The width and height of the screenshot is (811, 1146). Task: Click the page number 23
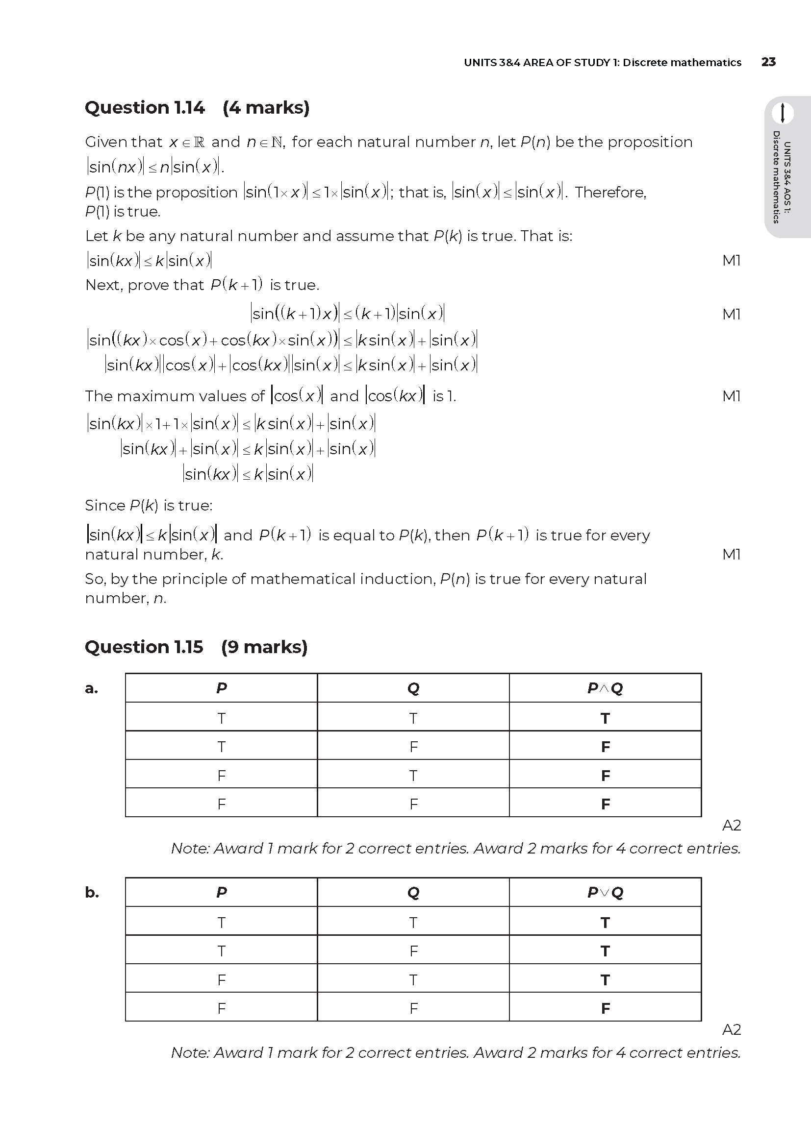click(x=768, y=62)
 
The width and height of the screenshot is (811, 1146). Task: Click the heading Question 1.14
click(x=145, y=108)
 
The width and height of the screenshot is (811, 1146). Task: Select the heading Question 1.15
click(x=144, y=647)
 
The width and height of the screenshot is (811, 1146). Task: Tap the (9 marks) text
click(x=264, y=647)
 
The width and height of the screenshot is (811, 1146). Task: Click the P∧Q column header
click(x=605, y=688)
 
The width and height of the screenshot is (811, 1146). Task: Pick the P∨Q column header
click(x=605, y=892)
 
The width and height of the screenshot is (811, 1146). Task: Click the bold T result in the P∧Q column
click(x=605, y=718)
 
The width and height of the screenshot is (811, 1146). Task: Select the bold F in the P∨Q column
click(x=605, y=1008)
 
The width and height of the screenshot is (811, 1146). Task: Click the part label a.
click(x=91, y=688)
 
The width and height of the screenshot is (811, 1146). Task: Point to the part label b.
click(x=92, y=892)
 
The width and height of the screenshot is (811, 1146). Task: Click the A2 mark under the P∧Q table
click(x=731, y=826)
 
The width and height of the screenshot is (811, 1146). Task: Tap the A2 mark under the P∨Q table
click(x=731, y=1029)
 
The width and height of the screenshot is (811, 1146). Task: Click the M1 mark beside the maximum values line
click(x=731, y=396)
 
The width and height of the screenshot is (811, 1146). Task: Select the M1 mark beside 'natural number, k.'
click(x=731, y=554)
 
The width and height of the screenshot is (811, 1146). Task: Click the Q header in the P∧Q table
click(x=413, y=688)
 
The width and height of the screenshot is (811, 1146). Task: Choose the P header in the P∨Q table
click(x=221, y=892)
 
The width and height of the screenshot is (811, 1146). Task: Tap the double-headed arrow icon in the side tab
click(x=783, y=113)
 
